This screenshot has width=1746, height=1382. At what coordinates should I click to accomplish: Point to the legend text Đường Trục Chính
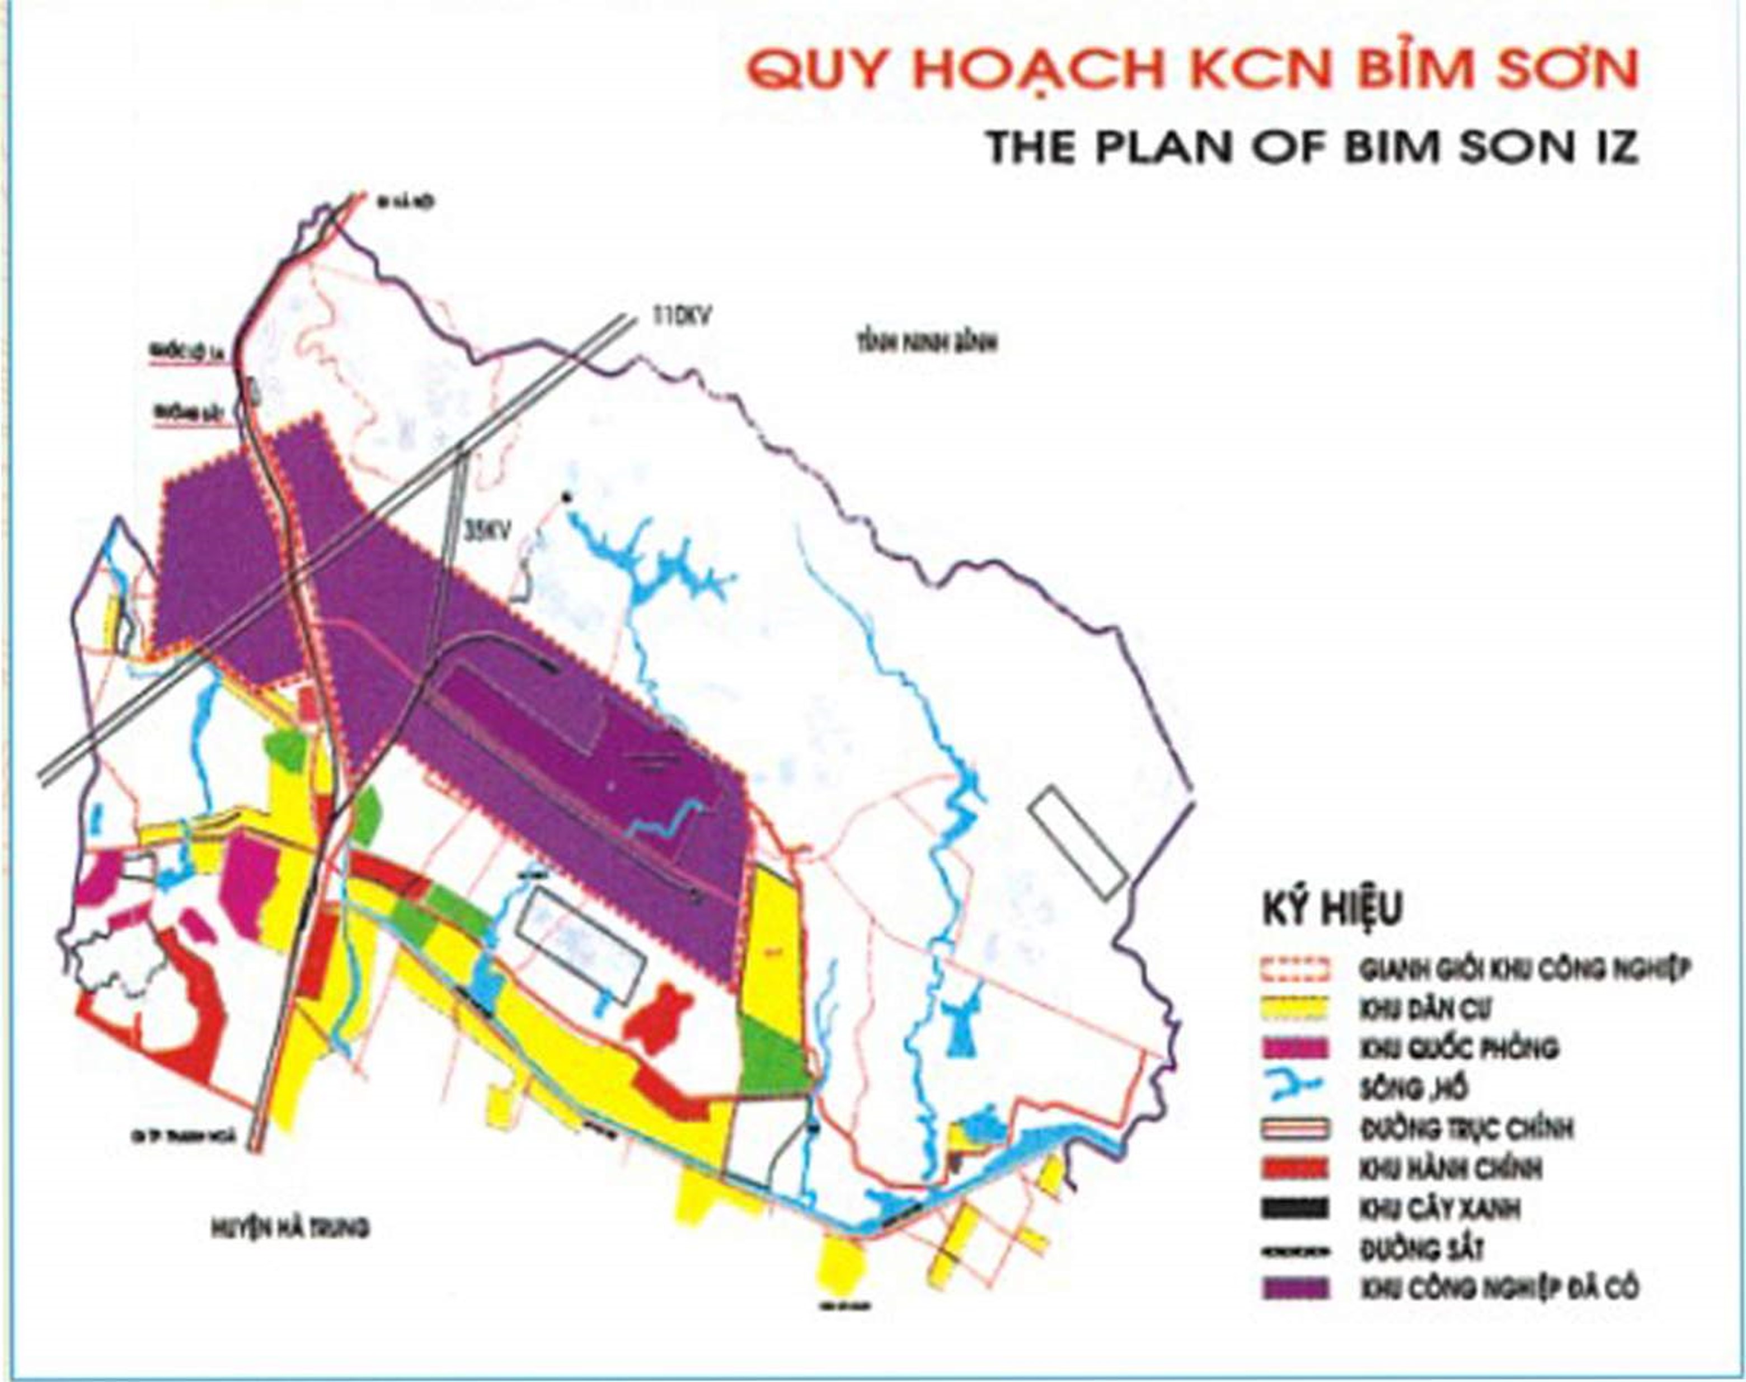click(1465, 1129)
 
